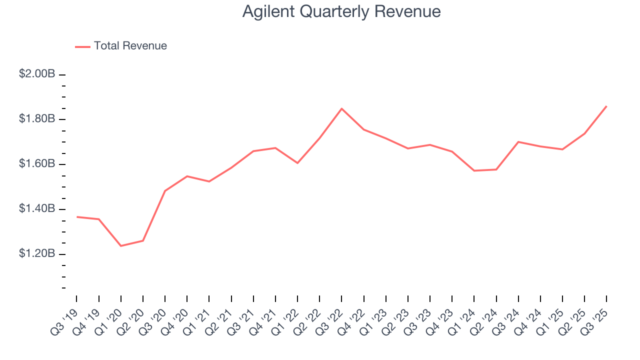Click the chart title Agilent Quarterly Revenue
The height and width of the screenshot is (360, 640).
coord(341,11)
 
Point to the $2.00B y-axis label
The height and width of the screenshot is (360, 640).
coord(37,74)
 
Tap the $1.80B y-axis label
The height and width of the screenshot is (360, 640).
coord(37,119)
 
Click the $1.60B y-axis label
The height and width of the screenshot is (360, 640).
coord(37,164)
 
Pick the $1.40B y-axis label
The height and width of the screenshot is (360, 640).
coord(37,208)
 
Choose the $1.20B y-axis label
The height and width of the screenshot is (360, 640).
coord(37,253)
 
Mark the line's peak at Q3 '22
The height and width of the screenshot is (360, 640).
coord(341,108)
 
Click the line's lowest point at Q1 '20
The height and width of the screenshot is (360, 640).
coord(121,246)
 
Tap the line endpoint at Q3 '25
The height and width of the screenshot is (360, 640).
coord(606,106)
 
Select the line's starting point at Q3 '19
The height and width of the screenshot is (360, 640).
coord(76,217)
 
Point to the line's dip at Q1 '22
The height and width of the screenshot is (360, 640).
coord(297,163)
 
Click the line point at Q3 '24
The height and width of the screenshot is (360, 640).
coord(518,142)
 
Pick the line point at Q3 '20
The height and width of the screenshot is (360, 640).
coord(165,191)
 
